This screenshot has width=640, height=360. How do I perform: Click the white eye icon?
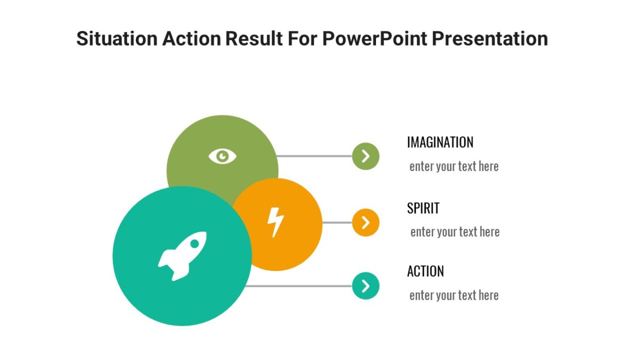pos(222,156)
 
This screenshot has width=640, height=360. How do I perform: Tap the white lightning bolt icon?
pos(275,222)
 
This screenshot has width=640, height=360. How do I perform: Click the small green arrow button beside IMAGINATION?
pos(365,156)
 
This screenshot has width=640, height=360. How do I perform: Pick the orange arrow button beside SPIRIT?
pos(365,222)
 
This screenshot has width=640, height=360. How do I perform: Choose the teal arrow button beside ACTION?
pos(365,286)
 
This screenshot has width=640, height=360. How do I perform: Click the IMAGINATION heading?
pos(440,142)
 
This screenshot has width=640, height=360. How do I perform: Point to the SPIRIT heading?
pos(423,208)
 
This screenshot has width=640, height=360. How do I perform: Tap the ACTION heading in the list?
pos(425,271)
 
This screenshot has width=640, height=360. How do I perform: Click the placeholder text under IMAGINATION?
pos(454,166)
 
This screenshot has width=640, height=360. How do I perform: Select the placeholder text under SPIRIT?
pos(454,232)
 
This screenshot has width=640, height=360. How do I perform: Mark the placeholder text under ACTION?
pos(454,295)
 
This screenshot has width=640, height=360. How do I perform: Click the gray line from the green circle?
pos(315,156)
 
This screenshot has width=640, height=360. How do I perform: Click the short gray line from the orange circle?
pos(337,222)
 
